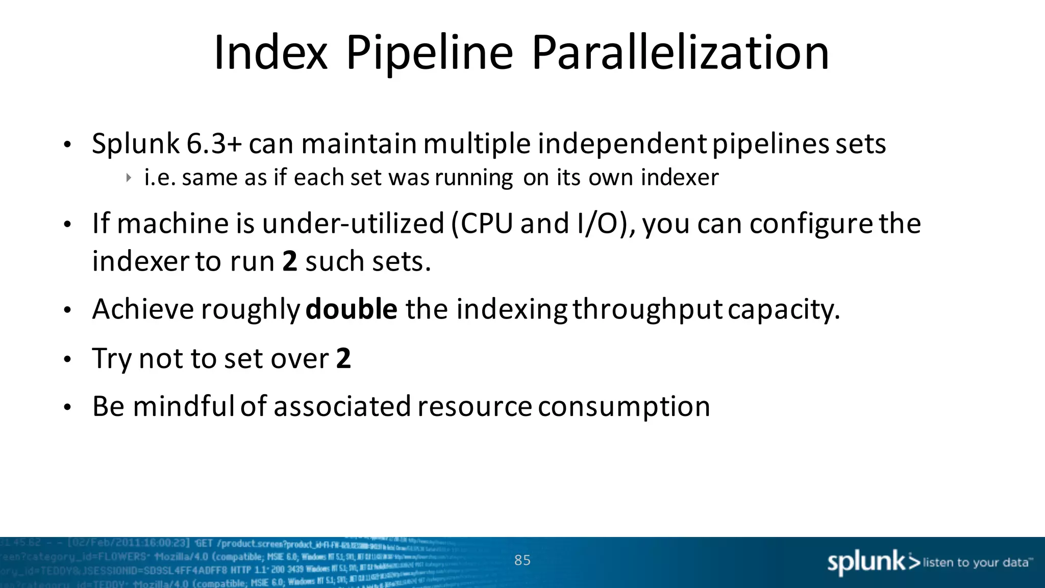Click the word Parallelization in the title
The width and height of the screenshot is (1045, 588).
pos(680,53)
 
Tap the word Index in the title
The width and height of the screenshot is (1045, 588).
pos(270,53)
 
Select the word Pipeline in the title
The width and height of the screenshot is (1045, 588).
pos(429,54)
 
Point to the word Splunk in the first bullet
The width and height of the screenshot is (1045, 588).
pos(135,144)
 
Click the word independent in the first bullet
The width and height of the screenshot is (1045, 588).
pos(622,144)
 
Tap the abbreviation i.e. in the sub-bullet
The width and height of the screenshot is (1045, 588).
pos(160,178)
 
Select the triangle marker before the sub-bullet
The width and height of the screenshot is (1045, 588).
pos(129,178)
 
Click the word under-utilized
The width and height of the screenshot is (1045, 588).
pos(353,224)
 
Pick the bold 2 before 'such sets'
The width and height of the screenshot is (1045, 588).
pos(290,261)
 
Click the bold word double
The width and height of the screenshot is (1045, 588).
pos(351,309)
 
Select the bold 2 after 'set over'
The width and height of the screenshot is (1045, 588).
pos(343,358)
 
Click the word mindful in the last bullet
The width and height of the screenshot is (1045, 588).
pos(184,406)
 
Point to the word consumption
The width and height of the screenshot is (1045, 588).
pos(624,407)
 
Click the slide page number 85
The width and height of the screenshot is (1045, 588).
pos(522,560)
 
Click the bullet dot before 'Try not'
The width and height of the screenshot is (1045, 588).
pos(67,360)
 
